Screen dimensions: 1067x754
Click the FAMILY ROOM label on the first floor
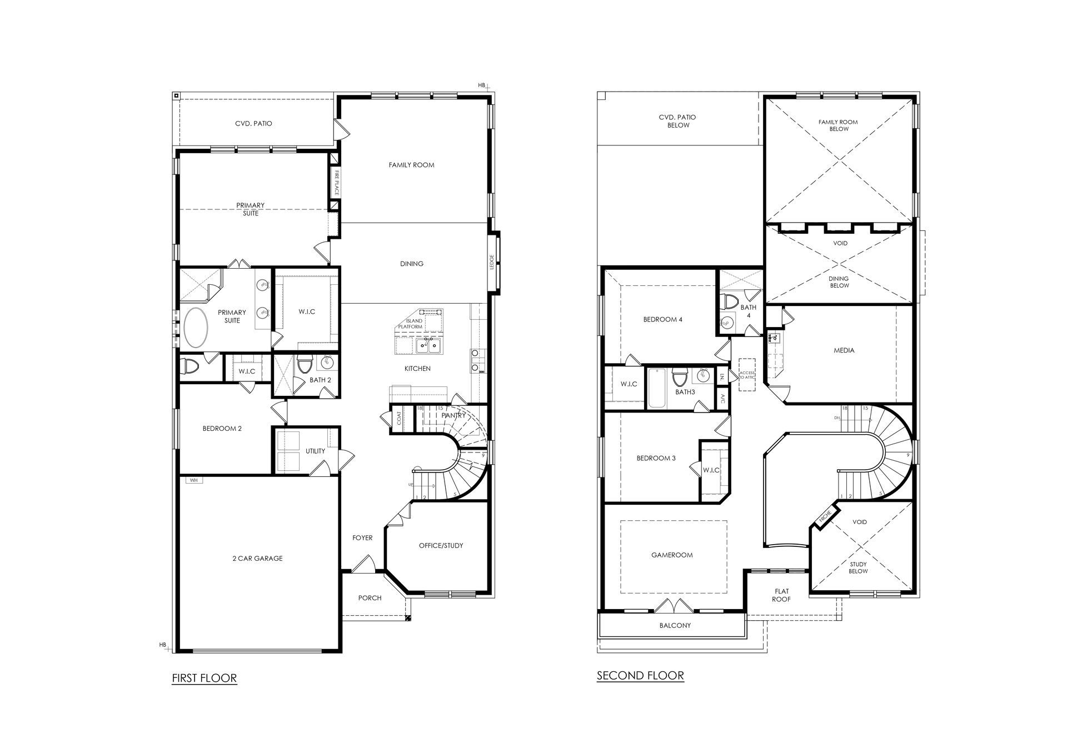[x=411, y=165]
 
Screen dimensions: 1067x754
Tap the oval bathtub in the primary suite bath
[x=196, y=328]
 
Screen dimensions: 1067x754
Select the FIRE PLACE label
[x=337, y=183]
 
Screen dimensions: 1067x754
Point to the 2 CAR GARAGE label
[x=257, y=559]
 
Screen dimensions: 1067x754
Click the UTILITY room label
[x=315, y=451]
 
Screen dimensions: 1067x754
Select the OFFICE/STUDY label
[x=441, y=545]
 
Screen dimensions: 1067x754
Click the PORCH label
[x=370, y=598]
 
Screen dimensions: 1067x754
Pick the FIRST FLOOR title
[x=205, y=678]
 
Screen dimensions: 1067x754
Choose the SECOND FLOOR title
[x=640, y=676]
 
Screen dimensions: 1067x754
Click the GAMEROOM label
[x=672, y=555]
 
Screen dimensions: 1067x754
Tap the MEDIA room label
[x=844, y=350]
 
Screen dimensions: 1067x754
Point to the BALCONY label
[x=675, y=625]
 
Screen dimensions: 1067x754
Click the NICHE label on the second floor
[x=825, y=516]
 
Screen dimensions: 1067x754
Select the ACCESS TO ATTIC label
[x=747, y=375]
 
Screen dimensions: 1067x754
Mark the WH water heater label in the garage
[x=193, y=480]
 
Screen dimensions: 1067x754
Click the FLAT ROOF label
[x=781, y=595]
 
